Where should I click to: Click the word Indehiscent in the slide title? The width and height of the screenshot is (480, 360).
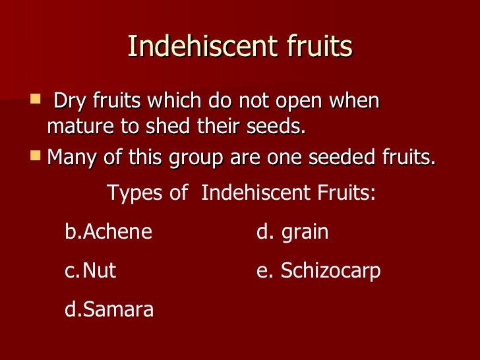pos(187,47)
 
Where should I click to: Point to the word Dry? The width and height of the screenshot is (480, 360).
pos(69,102)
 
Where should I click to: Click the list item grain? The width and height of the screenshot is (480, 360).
pos(305,233)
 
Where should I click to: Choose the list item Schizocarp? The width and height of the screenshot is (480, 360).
pos(330,271)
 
